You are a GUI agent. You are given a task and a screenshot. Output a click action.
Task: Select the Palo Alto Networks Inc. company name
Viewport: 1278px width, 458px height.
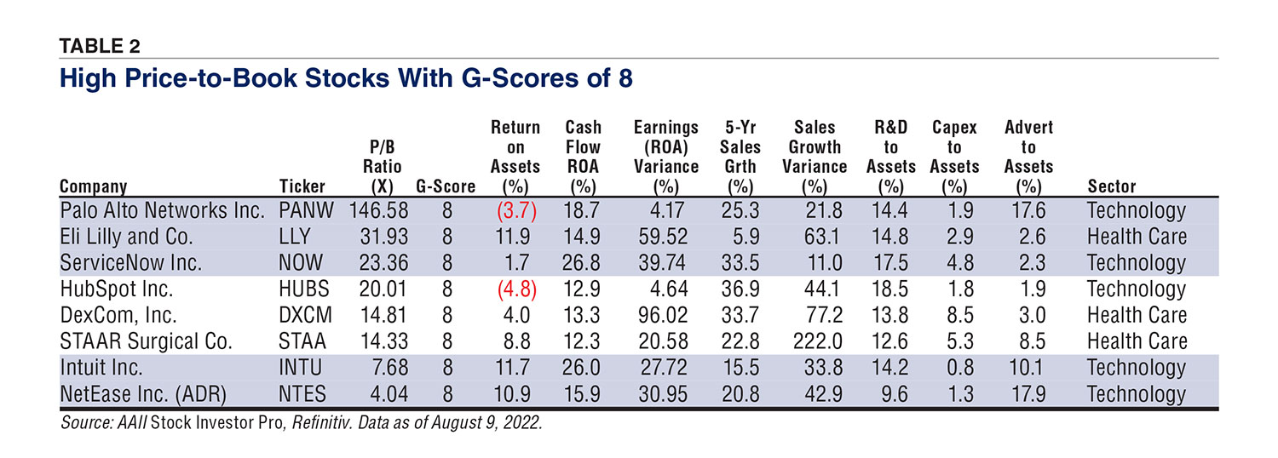coord(163,209)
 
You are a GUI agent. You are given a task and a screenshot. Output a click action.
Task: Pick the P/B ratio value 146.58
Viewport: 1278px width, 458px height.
coord(371,209)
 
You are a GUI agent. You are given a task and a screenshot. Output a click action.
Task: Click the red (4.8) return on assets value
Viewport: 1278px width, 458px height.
coord(515,289)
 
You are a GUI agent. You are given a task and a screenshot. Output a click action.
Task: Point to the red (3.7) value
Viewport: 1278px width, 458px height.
coord(515,209)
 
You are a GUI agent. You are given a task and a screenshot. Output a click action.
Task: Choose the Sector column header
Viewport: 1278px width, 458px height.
coord(1112,186)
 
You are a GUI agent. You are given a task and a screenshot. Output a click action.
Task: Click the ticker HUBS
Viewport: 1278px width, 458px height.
coord(305,289)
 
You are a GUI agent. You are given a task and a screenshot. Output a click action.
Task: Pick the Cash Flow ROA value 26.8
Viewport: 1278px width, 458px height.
coord(584,262)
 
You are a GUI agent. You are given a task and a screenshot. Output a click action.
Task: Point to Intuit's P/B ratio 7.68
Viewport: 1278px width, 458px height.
coord(382,368)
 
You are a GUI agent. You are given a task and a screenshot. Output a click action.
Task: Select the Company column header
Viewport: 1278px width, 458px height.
coord(93,186)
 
